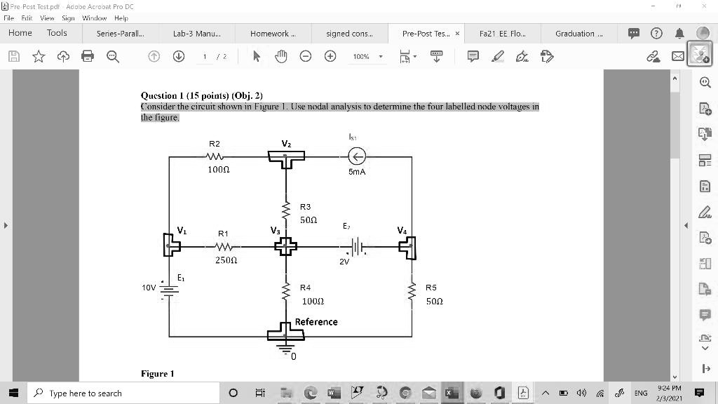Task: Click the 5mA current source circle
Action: [x=357, y=156]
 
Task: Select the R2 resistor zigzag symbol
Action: [x=215, y=156]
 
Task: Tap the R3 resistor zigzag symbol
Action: [x=286, y=210]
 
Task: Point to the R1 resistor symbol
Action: [x=224, y=247]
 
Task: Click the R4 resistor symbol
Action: [x=286, y=291]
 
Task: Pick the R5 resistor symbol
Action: [x=412, y=291]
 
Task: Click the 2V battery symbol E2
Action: [x=357, y=246]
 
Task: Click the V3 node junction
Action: [x=286, y=246]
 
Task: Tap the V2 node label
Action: [x=286, y=144]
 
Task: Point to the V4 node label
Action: [x=402, y=230]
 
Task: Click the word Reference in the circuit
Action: [x=316, y=322]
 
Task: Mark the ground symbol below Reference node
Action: [x=285, y=349]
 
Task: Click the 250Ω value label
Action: [x=226, y=260]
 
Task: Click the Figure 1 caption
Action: [x=158, y=374]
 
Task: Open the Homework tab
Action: [x=273, y=34]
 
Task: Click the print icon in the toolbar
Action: [x=88, y=56]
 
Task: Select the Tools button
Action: [x=57, y=33]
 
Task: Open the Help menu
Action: [x=121, y=18]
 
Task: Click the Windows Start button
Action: [x=14, y=393]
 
